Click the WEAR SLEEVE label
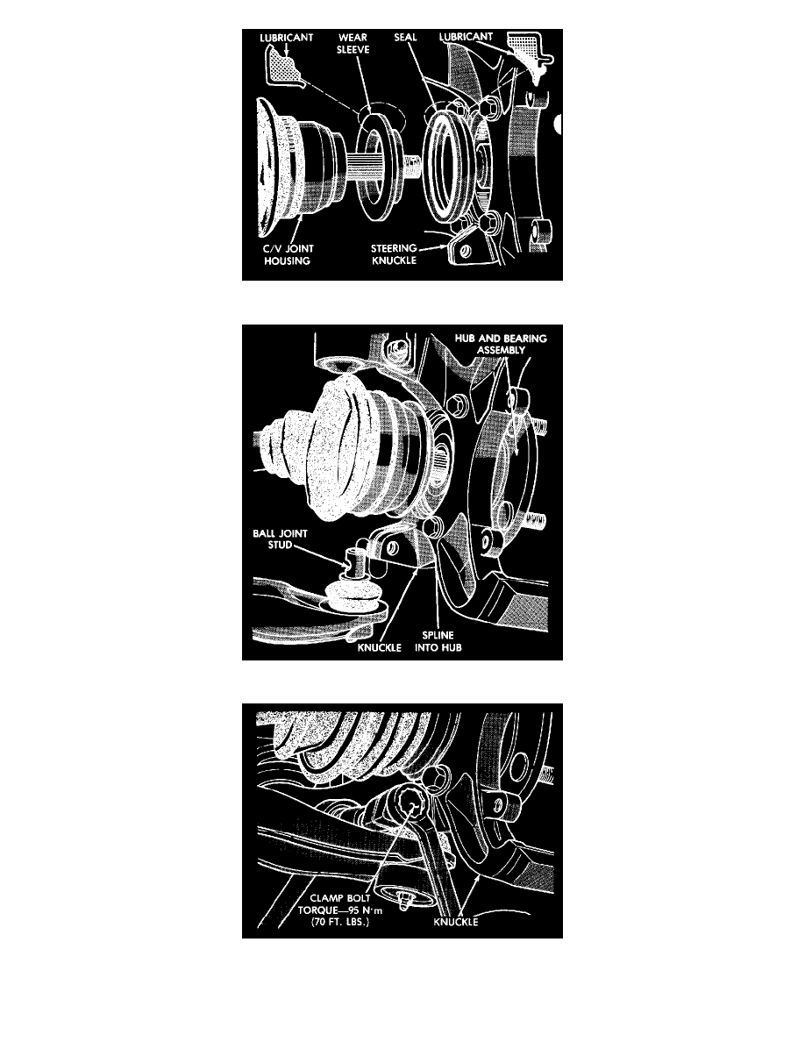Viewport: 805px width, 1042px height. point(353,43)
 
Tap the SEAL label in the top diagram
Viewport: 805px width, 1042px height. point(405,37)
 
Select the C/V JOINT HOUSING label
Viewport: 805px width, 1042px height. point(288,254)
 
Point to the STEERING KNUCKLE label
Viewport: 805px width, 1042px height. point(394,253)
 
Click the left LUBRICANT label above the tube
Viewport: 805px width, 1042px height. point(286,38)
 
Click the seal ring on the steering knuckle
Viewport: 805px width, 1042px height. point(448,163)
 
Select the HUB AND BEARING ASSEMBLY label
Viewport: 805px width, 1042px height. point(501,344)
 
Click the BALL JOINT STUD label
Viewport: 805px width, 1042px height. point(280,539)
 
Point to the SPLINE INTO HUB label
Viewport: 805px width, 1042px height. point(438,641)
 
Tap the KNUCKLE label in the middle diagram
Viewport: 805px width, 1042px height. point(379,647)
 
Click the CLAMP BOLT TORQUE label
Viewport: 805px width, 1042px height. point(339,903)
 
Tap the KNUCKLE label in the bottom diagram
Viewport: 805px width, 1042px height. point(456,922)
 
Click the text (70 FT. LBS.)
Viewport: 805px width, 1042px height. point(339,922)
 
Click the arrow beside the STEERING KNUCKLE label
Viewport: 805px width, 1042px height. point(433,247)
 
